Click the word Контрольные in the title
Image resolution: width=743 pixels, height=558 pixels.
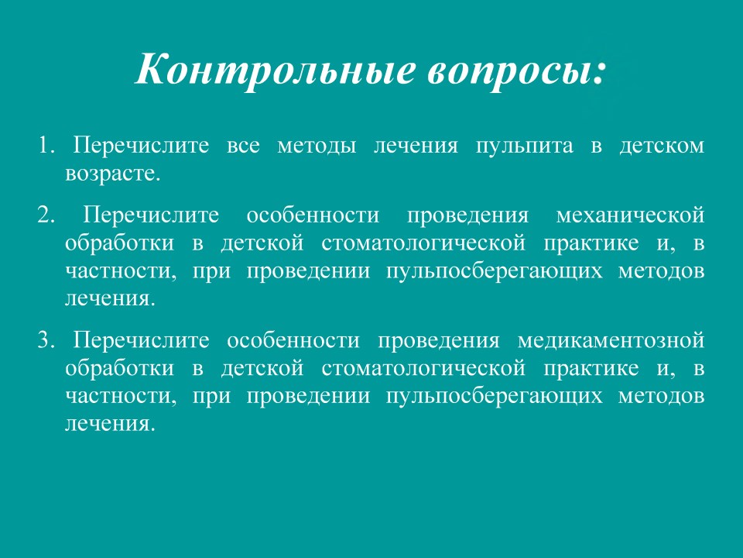276,69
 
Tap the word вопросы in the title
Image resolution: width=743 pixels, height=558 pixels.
510,71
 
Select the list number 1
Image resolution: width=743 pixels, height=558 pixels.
46,145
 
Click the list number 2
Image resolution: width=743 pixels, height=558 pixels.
46,215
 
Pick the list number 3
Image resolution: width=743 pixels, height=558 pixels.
46,341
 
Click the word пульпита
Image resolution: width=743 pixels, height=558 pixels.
524,146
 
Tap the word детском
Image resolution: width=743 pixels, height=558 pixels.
662,146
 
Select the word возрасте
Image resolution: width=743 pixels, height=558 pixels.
113,174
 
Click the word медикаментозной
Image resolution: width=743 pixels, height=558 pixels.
611,341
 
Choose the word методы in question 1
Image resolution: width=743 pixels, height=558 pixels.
317,146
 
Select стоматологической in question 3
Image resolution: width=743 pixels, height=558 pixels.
423,369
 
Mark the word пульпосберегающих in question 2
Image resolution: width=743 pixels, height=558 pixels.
495,272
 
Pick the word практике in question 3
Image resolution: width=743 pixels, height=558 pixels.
591,369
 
